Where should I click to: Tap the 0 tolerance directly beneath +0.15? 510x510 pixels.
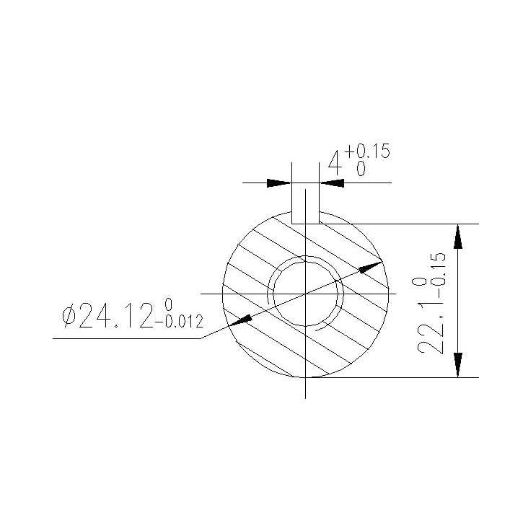point(360,170)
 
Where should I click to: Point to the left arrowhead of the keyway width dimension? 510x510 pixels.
point(279,183)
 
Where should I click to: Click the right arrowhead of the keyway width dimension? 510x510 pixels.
point(331,183)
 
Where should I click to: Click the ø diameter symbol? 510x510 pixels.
point(69,315)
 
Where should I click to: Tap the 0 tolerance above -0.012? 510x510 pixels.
point(169,303)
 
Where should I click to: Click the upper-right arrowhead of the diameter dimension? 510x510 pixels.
point(371,266)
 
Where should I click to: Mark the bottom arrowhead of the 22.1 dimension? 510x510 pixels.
point(457,365)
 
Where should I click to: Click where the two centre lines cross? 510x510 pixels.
point(306,294)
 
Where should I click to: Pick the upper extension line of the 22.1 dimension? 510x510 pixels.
point(404,224)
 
